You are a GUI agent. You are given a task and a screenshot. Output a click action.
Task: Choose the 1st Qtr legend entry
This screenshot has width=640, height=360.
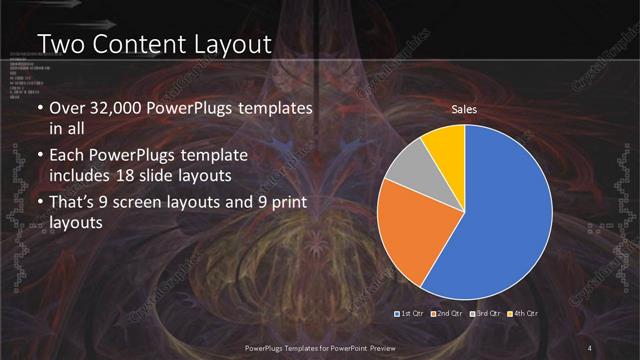click(x=411, y=314)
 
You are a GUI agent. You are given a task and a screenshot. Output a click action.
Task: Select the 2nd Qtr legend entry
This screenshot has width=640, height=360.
click(x=447, y=314)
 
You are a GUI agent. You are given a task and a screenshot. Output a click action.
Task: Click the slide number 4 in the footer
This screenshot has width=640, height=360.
click(x=590, y=347)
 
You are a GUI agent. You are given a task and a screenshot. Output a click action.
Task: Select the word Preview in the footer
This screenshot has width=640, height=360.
click(x=393, y=347)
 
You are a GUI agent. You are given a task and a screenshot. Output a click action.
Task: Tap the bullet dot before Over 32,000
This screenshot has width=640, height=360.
click(x=40, y=108)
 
